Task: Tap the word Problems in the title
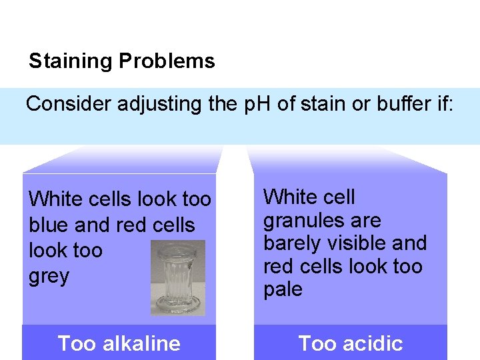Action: (x=167, y=61)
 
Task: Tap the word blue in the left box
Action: (x=51, y=225)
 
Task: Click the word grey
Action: (x=49, y=276)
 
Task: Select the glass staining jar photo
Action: (x=178, y=277)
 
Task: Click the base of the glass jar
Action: (x=178, y=305)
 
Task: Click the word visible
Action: (x=361, y=243)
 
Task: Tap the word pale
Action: (x=283, y=290)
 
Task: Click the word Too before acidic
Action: (x=317, y=343)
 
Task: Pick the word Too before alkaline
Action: (x=75, y=343)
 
